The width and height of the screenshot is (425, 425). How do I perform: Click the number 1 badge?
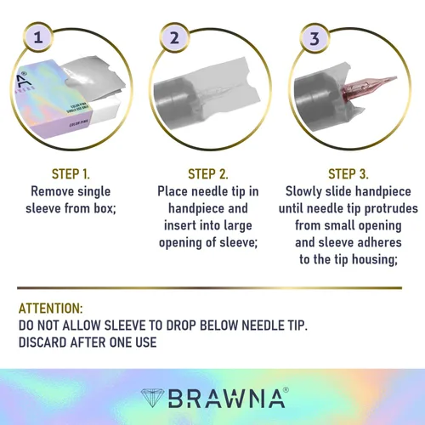[38, 37]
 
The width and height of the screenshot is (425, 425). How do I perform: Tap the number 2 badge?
[174, 37]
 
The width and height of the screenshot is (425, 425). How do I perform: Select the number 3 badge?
[314, 38]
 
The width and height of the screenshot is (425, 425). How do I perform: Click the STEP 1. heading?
[71, 174]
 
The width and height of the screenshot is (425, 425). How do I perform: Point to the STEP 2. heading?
[208, 174]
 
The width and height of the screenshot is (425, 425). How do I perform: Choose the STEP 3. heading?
[348, 174]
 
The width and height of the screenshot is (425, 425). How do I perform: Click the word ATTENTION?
[50, 309]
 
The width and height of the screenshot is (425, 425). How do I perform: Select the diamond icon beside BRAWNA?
[152, 398]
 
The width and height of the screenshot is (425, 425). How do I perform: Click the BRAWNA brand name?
[227, 399]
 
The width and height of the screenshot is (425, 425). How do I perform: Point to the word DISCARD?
[42, 343]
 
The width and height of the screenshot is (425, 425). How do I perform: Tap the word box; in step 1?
[105, 208]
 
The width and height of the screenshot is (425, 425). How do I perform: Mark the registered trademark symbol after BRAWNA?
[286, 390]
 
